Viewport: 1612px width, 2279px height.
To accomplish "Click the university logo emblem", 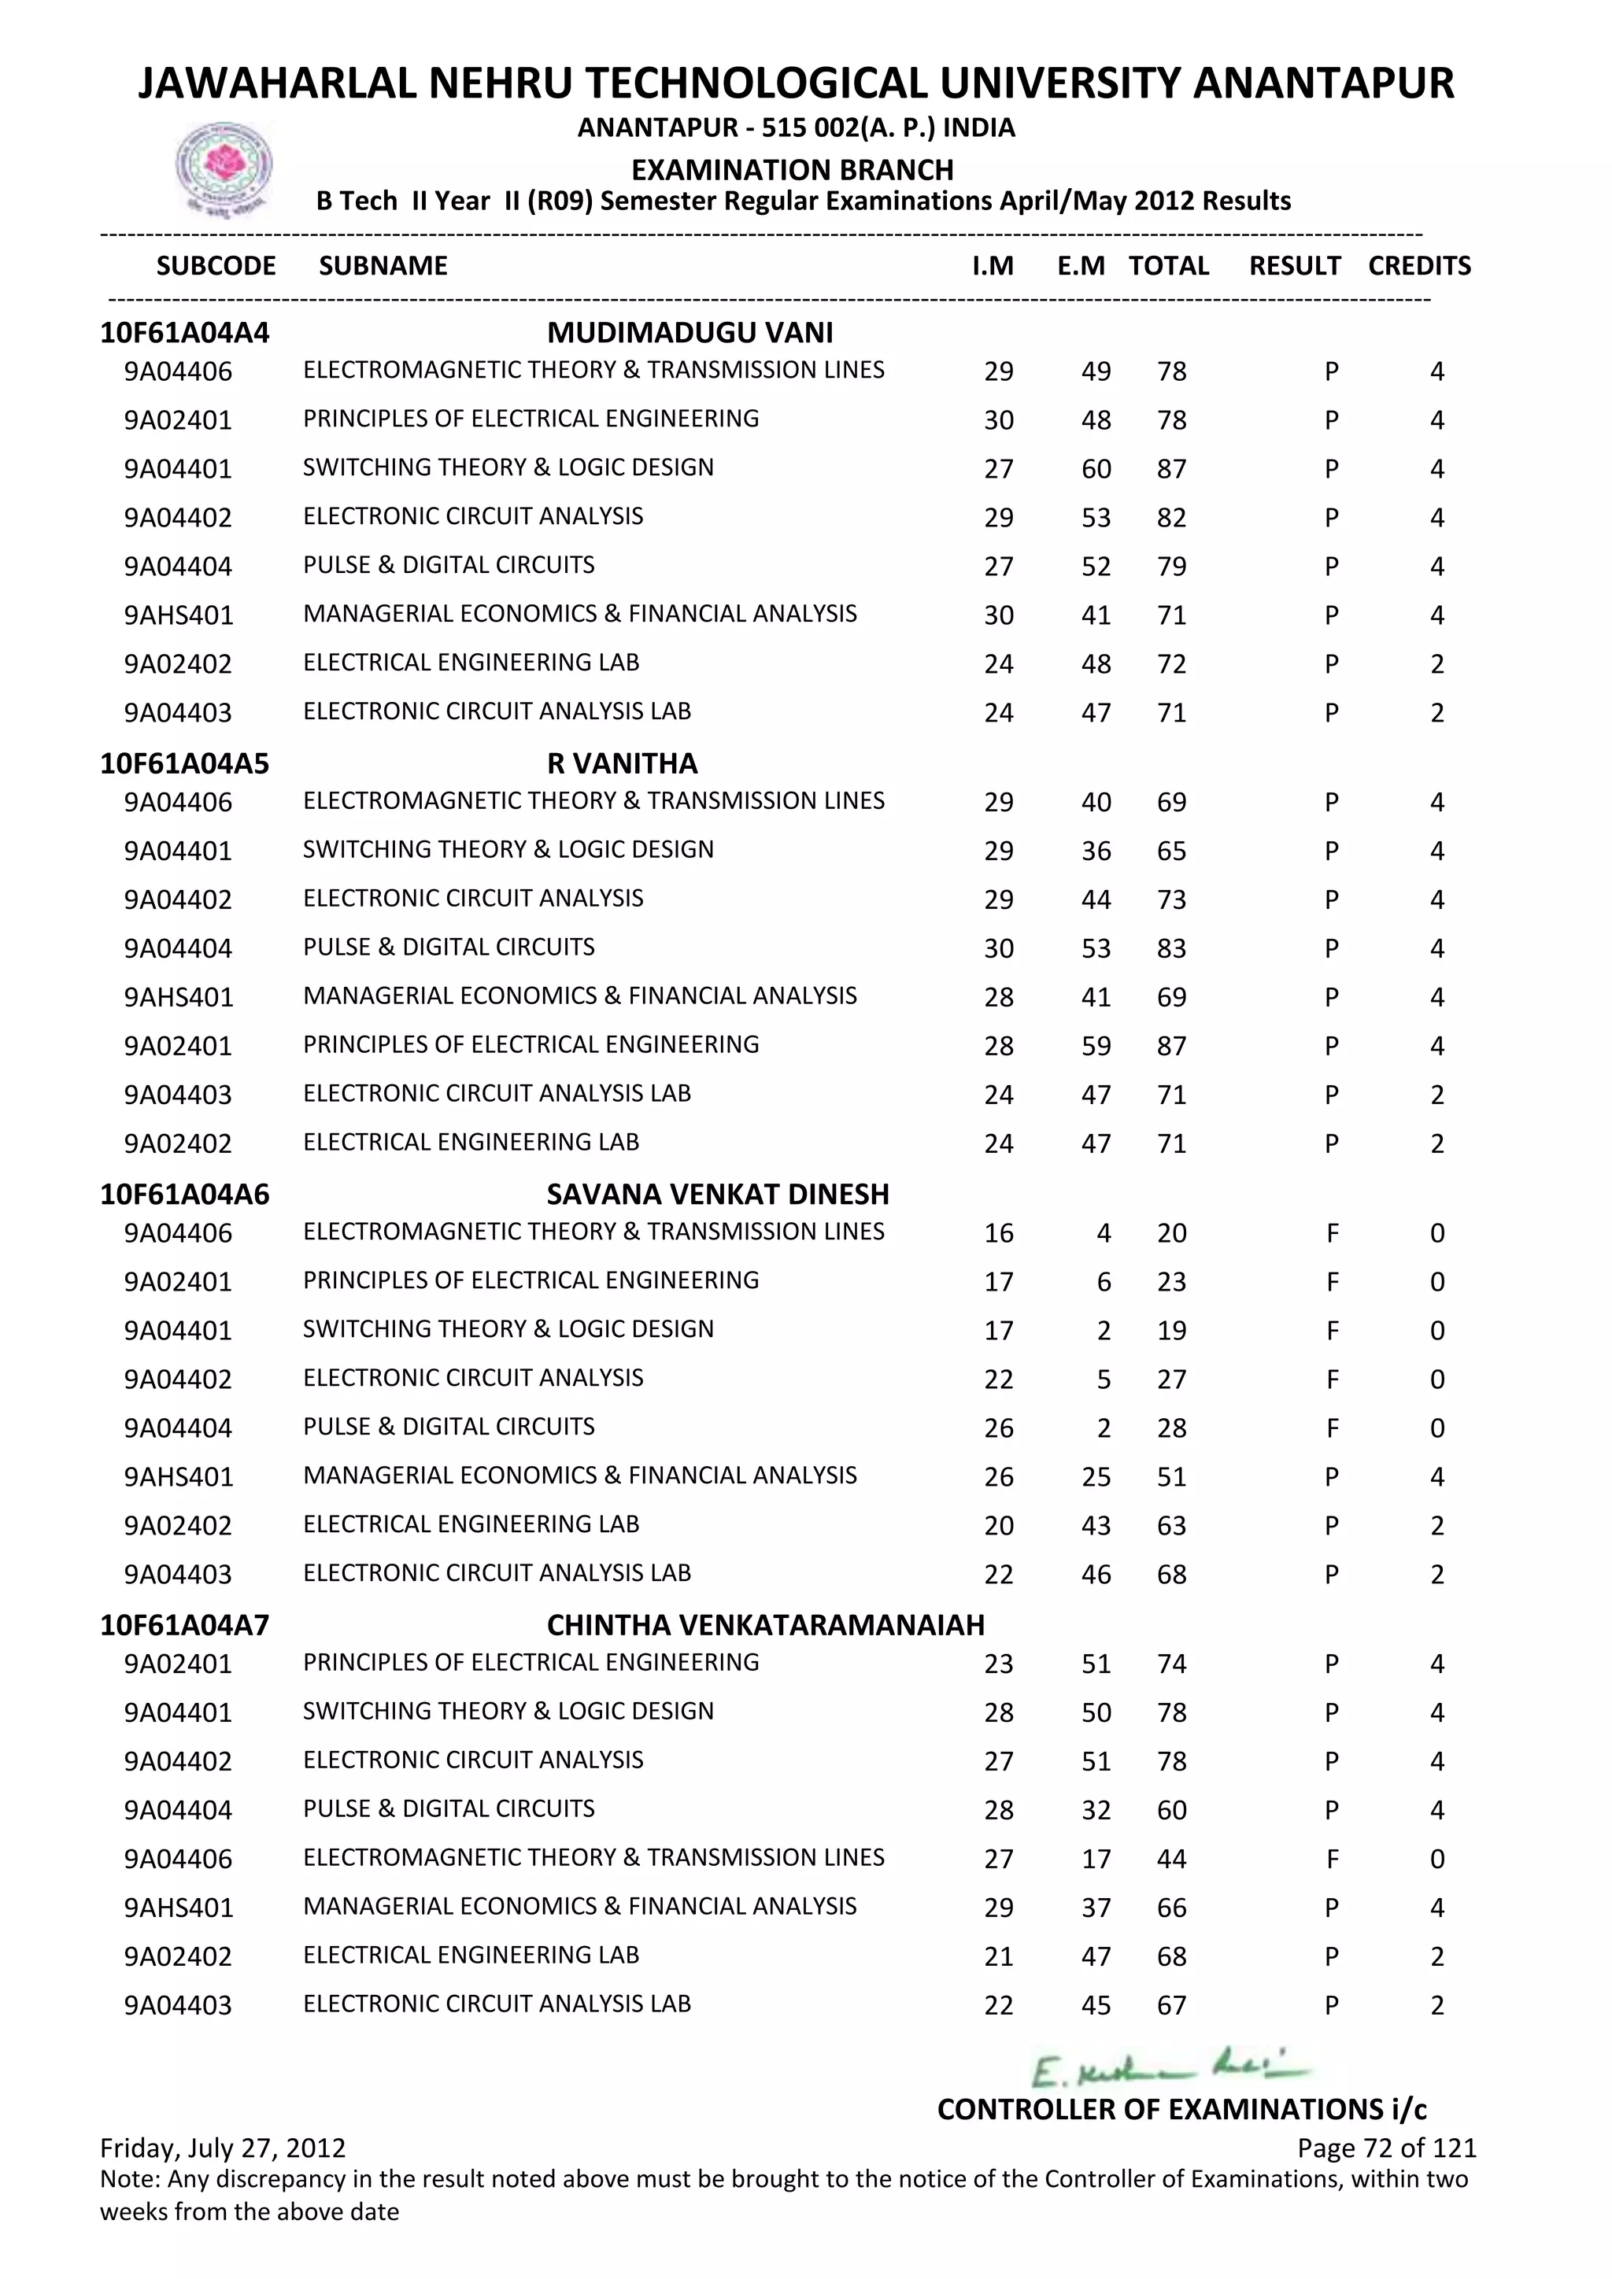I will coord(224,168).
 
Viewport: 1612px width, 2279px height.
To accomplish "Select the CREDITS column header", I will coord(1418,266).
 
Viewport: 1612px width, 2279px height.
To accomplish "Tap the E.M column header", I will coord(1080,266).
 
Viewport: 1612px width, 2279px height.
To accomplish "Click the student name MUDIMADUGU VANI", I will coord(690,333).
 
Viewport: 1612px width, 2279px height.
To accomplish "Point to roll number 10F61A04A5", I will coord(185,763).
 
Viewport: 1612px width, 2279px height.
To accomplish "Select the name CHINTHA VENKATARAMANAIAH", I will coord(765,1625).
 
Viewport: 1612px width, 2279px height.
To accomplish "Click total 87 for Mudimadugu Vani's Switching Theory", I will coord(1171,468).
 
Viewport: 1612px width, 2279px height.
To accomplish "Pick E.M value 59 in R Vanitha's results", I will coord(1096,1046).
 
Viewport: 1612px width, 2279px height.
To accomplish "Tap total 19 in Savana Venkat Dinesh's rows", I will coord(1171,1331).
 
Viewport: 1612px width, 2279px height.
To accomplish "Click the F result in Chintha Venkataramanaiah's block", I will coord(1332,1859).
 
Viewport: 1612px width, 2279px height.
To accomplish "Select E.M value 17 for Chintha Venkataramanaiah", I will coord(1096,1859).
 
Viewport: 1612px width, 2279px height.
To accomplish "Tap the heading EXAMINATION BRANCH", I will coord(792,170).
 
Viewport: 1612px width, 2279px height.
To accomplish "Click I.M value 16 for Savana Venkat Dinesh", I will coord(999,1234).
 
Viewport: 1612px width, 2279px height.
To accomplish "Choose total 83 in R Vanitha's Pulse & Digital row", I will coord(1171,949).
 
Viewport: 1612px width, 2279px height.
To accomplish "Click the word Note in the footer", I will coord(129,2180).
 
